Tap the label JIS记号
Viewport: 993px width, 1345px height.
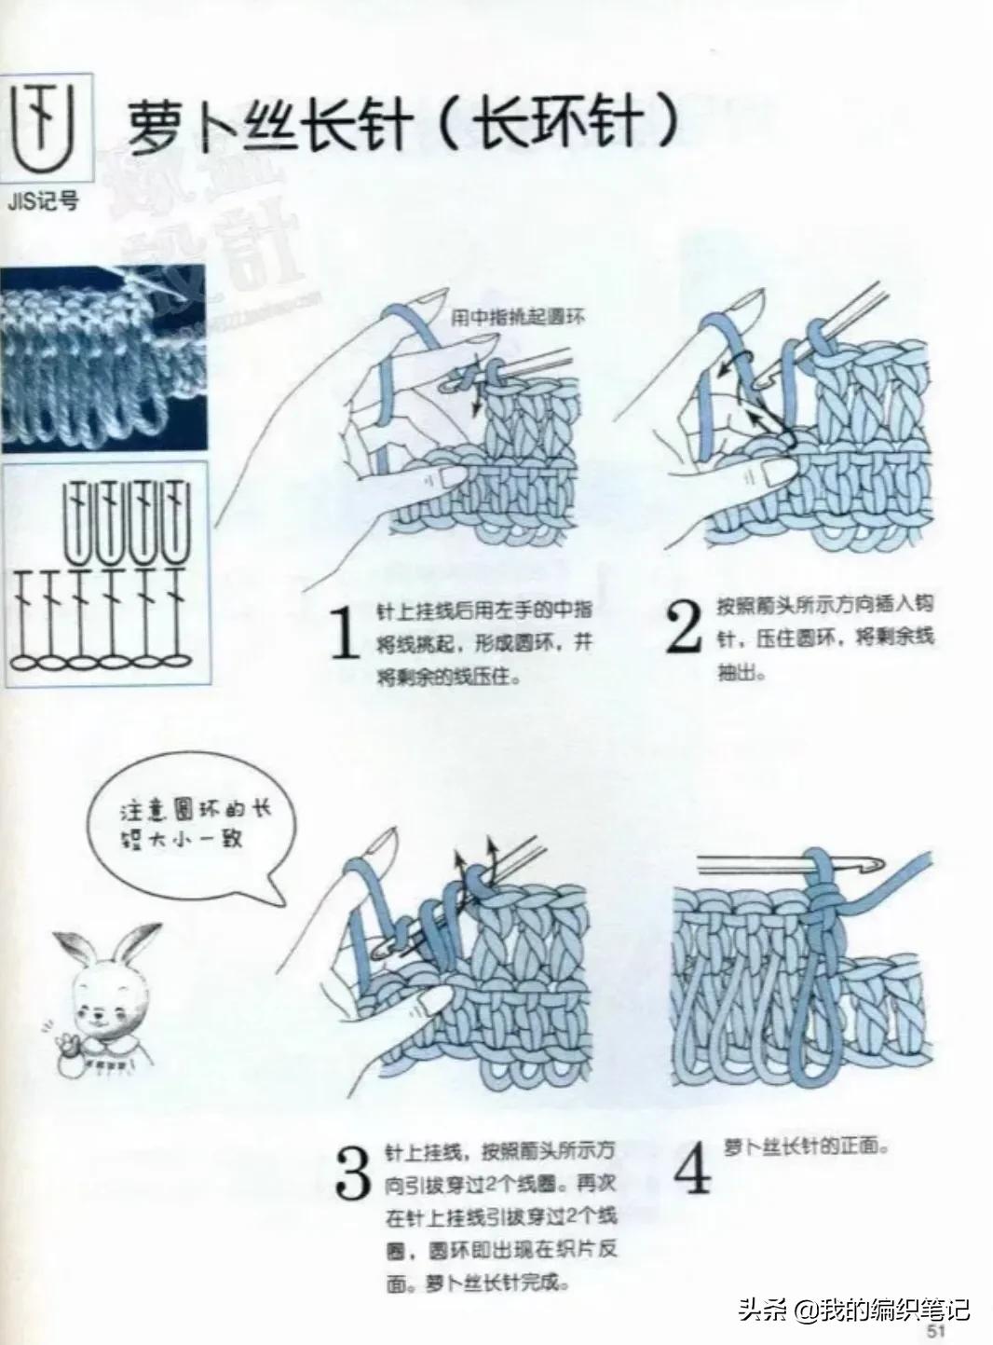[x=44, y=201]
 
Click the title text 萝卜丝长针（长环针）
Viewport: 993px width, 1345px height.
[x=401, y=125]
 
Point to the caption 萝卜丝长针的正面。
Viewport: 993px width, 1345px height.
[x=807, y=1146]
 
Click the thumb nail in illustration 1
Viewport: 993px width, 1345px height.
[x=454, y=478]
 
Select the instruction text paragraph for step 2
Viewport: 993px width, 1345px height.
[x=824, y=638]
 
